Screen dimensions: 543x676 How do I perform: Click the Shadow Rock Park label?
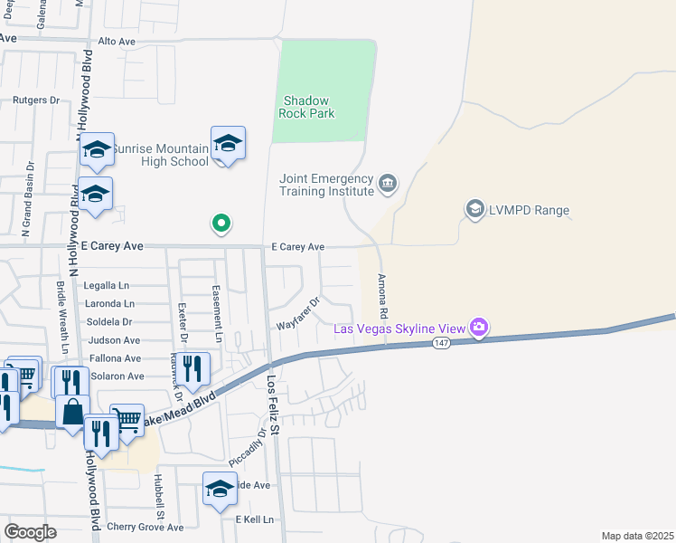pos(309,107)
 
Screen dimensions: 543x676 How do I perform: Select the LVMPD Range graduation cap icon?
pos(474,210)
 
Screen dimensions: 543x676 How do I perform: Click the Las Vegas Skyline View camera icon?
pos(479,327)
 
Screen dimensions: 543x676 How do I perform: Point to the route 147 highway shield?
pos(441,343)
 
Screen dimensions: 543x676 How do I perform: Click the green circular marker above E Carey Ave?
pos(220,223)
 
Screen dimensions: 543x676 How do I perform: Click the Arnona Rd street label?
pos(383,295)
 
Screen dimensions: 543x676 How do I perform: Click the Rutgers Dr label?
pos(35,100)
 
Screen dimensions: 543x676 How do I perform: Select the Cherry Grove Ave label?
pos(145,527)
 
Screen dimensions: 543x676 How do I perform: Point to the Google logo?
pos(30,532)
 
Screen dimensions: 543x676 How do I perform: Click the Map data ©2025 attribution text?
pos(637,536)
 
